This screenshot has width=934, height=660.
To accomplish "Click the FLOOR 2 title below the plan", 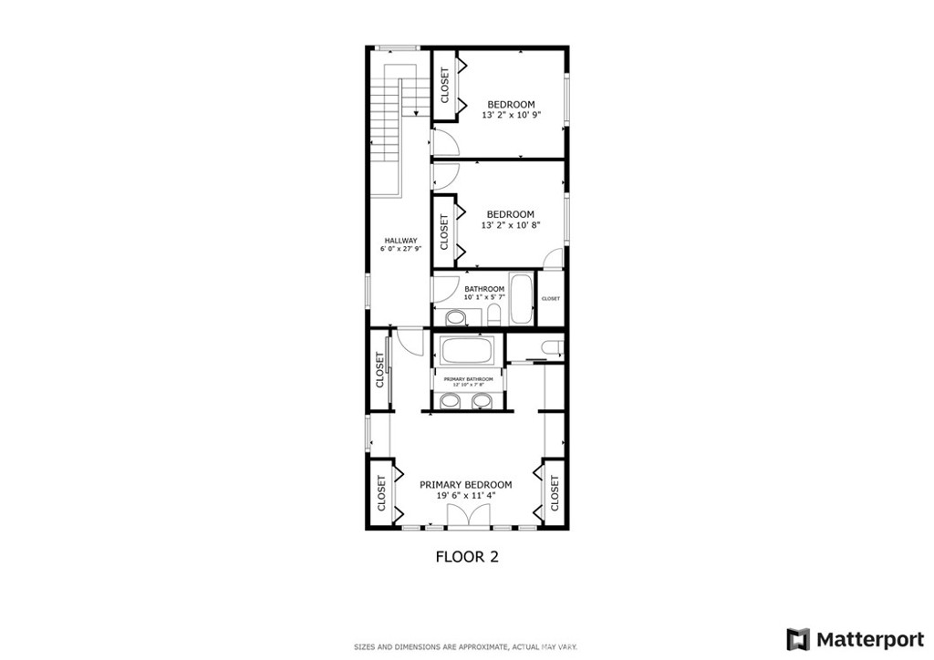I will (466, 557).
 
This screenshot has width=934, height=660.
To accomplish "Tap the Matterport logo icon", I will (798, 638).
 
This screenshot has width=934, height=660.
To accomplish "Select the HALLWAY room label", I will (400, 241).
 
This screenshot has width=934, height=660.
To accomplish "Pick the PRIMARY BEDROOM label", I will (465, 485).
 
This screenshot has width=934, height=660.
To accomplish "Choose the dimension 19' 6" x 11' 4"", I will (465, 497).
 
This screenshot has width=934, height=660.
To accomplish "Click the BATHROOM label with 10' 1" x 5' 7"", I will (483, 289).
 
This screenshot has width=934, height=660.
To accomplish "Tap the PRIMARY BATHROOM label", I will (468, 378).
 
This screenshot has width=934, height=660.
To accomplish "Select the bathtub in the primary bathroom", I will (467, 351).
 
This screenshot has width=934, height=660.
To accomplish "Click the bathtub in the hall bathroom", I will (521, 298).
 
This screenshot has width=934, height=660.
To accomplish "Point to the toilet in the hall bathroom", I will (493, 315).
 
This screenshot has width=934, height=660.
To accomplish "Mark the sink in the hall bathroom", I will (455, 316).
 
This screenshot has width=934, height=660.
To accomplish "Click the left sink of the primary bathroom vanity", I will (451, 401).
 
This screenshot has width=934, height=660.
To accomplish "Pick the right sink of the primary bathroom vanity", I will (483, 401).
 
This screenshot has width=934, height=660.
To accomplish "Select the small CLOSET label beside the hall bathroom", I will (551, 299).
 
